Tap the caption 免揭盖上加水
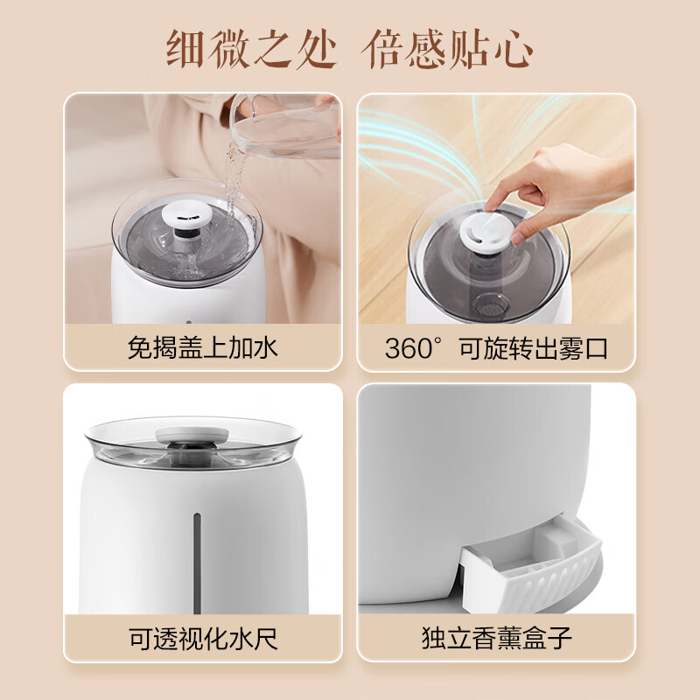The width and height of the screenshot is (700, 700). [x=202, y=348]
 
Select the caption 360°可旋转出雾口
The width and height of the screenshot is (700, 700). [x=496, y=348]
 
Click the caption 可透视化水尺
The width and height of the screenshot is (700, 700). [x=202, y=637]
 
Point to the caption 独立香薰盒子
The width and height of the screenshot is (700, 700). [x=496, y=637]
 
